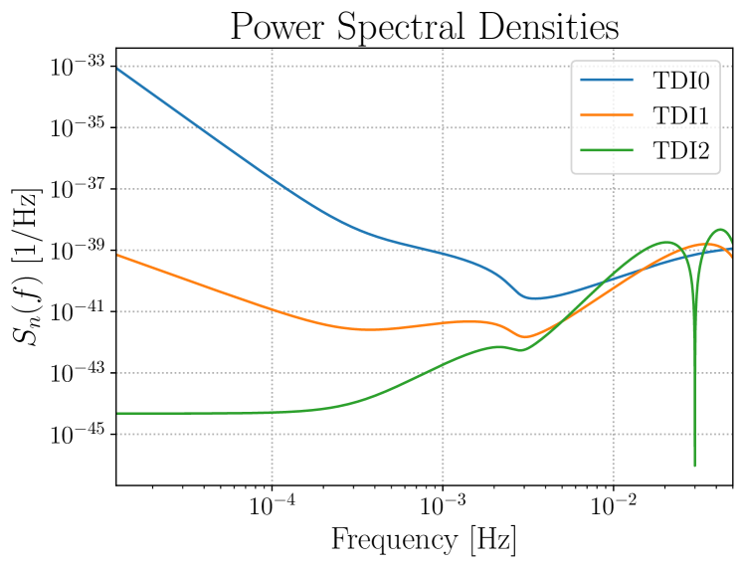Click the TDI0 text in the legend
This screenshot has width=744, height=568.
click(680, 80)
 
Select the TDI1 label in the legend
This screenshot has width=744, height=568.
click(680, 115)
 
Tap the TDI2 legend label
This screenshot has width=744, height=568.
click(680, 151)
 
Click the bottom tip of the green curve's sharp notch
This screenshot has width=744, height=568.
click(694, 465)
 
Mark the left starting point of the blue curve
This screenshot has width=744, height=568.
click(118, 68)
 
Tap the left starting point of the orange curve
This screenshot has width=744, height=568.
click(118, 255)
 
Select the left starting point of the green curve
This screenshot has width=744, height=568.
click(118, 413)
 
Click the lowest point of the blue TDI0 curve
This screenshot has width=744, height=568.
click(533, 297)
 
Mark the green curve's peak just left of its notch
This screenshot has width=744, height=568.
click(664, 242)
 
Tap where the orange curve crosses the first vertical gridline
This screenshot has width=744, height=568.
click(272, 310)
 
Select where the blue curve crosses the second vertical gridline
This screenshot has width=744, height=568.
click(443, 253)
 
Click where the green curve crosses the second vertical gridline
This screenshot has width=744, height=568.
click(443, 364)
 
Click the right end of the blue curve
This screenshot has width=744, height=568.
click(731, 249)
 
